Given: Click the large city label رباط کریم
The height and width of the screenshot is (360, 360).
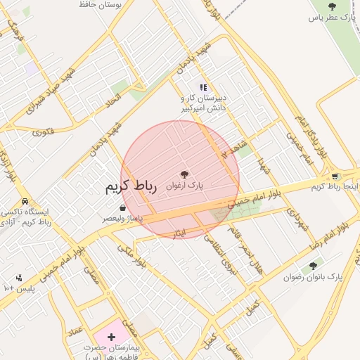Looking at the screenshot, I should (x=130, y=187).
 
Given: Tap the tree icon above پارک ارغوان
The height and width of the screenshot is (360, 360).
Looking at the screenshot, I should (x=184, y=174).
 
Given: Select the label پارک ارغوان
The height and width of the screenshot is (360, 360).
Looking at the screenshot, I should (x=184, y=186).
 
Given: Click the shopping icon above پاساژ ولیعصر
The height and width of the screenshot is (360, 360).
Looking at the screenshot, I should (x=123, y=208).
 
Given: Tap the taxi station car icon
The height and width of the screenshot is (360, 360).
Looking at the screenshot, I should (x=25, y=201).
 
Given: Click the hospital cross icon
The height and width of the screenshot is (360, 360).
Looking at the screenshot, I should (x=111, y=337).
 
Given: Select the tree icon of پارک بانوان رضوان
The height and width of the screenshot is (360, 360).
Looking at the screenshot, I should (x=311, y=266).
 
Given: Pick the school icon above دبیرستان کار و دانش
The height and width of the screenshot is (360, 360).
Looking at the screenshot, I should (x=203, y=88).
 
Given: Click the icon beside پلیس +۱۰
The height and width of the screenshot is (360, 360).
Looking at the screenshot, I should (x=18, y=278).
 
